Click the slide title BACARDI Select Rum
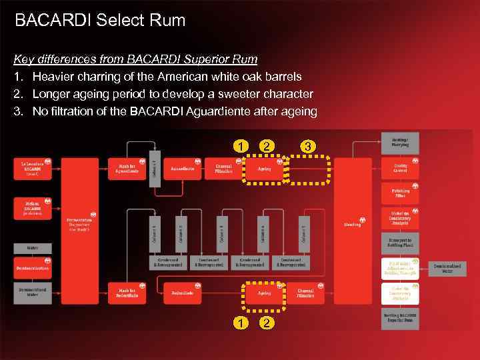[x=100, y=21]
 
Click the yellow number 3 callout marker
[x=307, y=146]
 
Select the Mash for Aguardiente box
[x=126, y=169]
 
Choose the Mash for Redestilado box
[x=126, y=293]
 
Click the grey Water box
[x=32, y=248]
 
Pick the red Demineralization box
[x=32, y=268]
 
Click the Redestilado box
[x=183, y=293]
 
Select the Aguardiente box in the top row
[x=183, y=169]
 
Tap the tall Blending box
[x=352, y=224]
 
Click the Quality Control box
[x=400, y=169]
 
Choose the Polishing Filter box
[x=400, y=193]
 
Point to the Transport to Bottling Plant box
[x=400, y=242]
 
